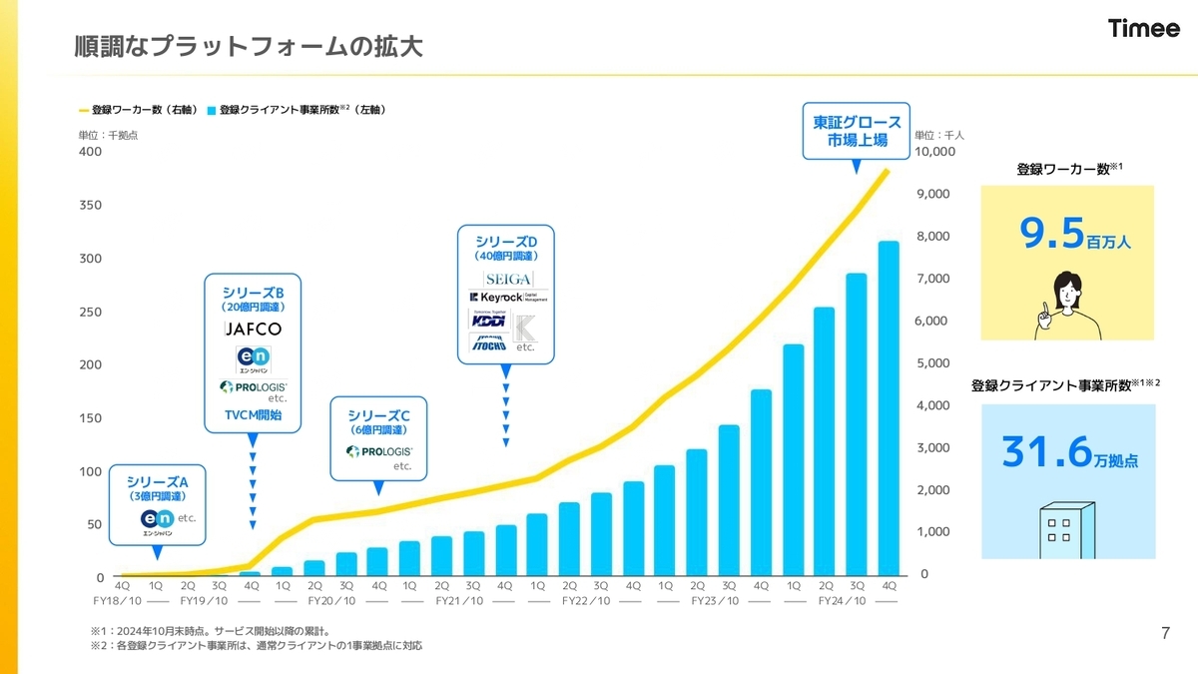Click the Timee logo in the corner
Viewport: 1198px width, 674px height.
click(x=1143, y=29)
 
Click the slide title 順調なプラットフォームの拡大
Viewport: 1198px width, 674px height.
click(x=249, y=46)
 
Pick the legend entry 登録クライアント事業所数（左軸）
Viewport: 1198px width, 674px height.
click(x=297, y=109)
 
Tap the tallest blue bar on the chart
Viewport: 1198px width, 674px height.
click(x=889, y=409)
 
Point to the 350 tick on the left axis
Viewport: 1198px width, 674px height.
click(x=91, y=206)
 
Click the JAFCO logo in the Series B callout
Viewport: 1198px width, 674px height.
click(x=253, y=329)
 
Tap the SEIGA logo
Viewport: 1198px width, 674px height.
click(x=508, y=278)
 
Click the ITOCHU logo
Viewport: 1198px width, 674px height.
click(x=488, y=343)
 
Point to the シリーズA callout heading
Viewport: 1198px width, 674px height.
click(x=158, y=481)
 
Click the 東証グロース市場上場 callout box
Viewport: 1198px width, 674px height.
click(x=857, y=131)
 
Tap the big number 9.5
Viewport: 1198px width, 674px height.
click(x=1052, y=233)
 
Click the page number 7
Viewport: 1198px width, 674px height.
click(x=1166, y=633)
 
